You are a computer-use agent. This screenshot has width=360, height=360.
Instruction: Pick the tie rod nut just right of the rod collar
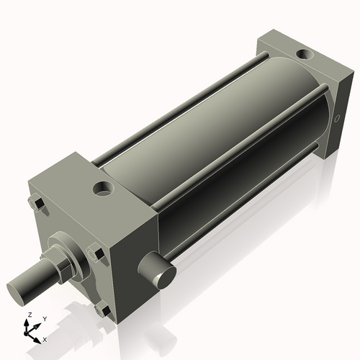(94, 253)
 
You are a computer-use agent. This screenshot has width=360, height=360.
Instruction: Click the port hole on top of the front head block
(102, 189)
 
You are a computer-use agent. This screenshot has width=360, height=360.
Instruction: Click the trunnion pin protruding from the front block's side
(162, 274)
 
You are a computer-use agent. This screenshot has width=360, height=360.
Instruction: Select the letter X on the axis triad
(45, 338)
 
